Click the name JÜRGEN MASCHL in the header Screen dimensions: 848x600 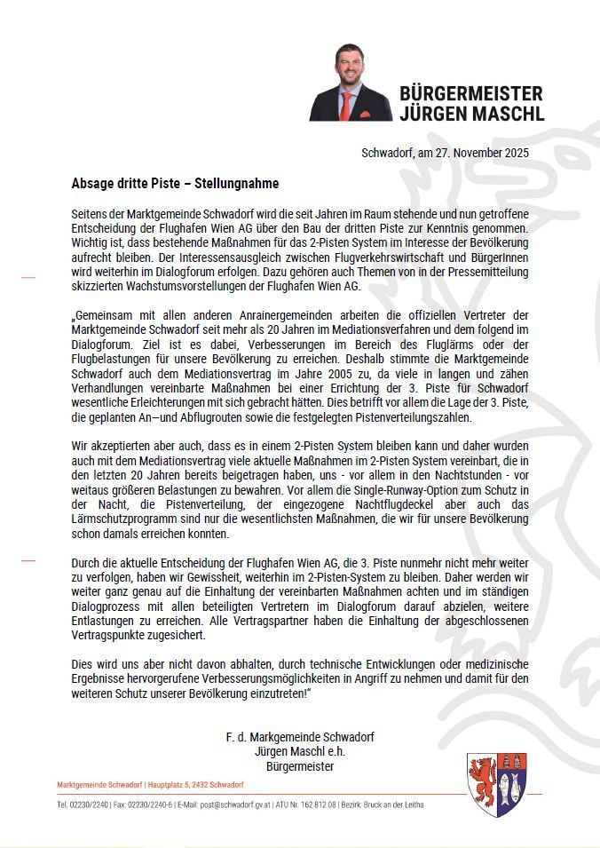[471, 113]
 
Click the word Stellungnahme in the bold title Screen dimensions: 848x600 [236, 184]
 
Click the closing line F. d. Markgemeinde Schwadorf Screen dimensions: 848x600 [300, 737]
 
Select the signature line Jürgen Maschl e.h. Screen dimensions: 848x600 [300, 751]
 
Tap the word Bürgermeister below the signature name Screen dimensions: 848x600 [300, 765]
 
